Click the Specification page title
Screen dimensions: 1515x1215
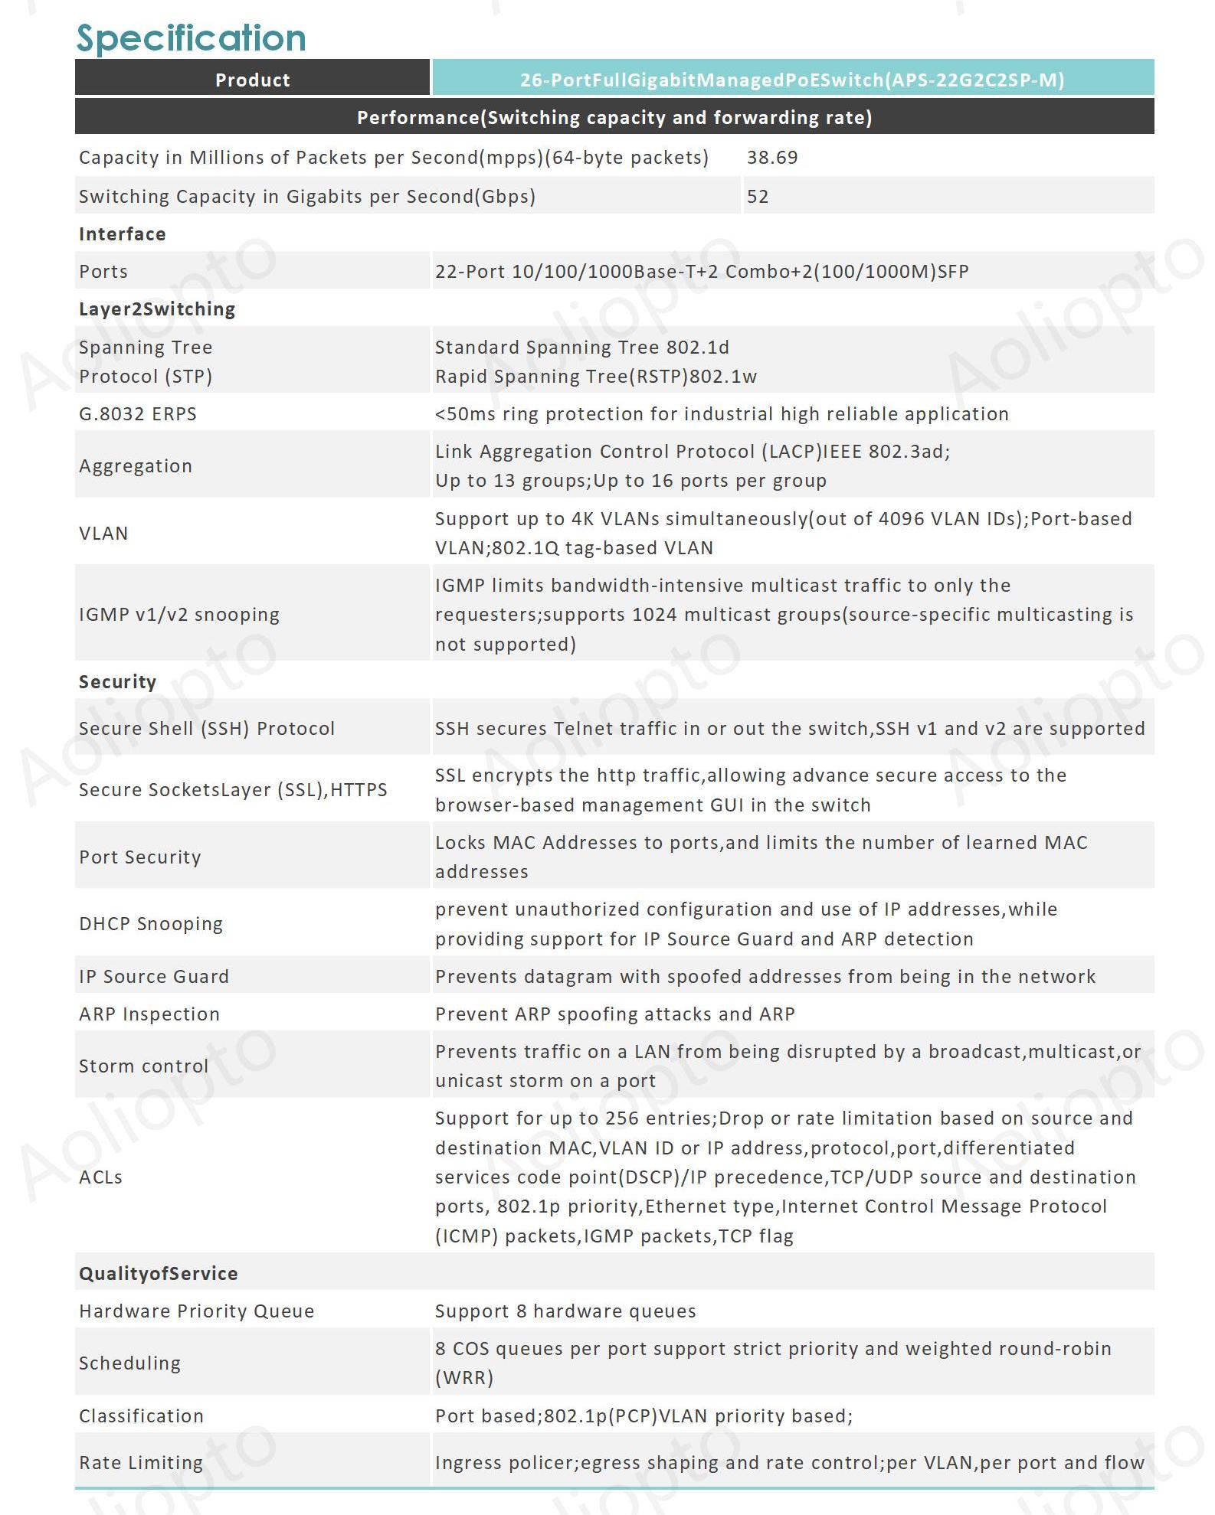[191, 38]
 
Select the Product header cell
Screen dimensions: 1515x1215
[252, 80]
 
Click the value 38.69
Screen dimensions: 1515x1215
[771, 158]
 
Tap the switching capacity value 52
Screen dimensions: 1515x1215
[757, 197]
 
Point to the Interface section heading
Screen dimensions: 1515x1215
[122, 234]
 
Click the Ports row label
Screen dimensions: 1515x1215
[103, 272]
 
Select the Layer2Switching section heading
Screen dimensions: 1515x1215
[157, 309]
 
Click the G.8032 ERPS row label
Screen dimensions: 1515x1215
[138, 414]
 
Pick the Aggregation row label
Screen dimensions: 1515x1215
[136, 466]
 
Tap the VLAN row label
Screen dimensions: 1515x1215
[103, 534]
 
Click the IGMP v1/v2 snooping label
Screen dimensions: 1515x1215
[179, 615]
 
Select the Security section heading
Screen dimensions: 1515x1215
[117, 682]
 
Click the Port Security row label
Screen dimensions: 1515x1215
[140, 857]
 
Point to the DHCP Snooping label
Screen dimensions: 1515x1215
[151, 924]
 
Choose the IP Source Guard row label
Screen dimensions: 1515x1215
[154, 977]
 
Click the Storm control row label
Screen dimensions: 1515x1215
[143, 1066]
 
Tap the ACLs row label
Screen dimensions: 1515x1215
[100, 1177]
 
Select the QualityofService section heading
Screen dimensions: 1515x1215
[159, 1274]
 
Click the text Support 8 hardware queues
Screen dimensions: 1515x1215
[565, 1311]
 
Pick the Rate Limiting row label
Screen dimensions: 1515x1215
[141, 1463]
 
